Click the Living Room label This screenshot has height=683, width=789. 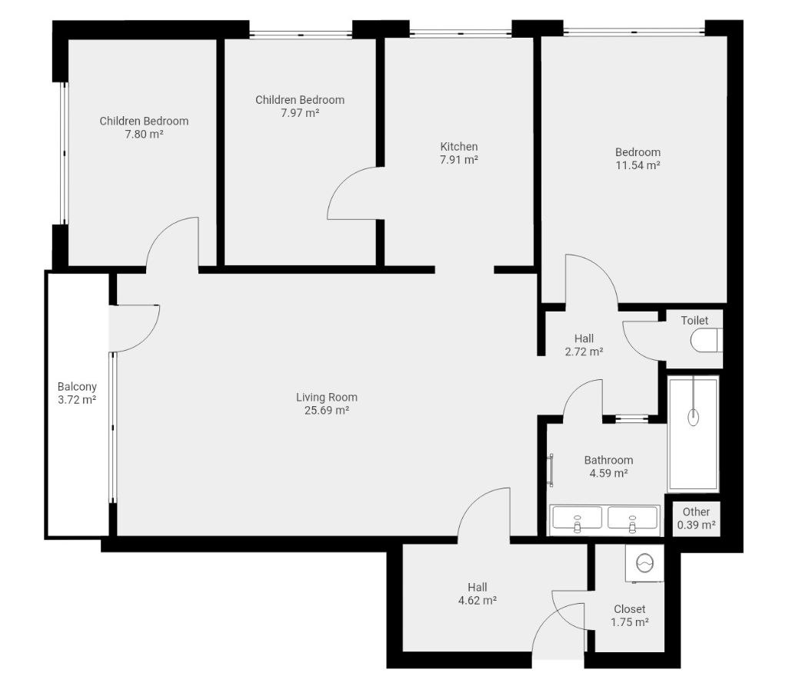pos(327,397)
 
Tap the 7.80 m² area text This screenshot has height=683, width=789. pos(144,134)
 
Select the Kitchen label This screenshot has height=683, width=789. pos(459,146)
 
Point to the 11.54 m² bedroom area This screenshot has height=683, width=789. pos(638,165)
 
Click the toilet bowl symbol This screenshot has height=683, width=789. pos(707,340)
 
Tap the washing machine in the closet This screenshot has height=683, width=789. pos(644,563)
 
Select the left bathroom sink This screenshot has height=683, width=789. pos(577,518)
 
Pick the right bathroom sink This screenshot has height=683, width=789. pos(633,518)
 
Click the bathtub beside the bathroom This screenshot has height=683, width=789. pos(693,434)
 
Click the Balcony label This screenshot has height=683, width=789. pos(77,387)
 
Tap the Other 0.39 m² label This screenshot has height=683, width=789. pos(697,518)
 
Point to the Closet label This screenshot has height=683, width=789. pos(630,609)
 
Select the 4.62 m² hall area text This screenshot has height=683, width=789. pos(478,600)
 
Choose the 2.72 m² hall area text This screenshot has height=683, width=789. pos(584,351)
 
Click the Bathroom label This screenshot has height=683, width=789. pos(608,460)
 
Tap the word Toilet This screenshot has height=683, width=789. pos(694,320)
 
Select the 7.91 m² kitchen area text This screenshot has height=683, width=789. pos(459,159)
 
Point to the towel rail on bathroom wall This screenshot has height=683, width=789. pos(551,470)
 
